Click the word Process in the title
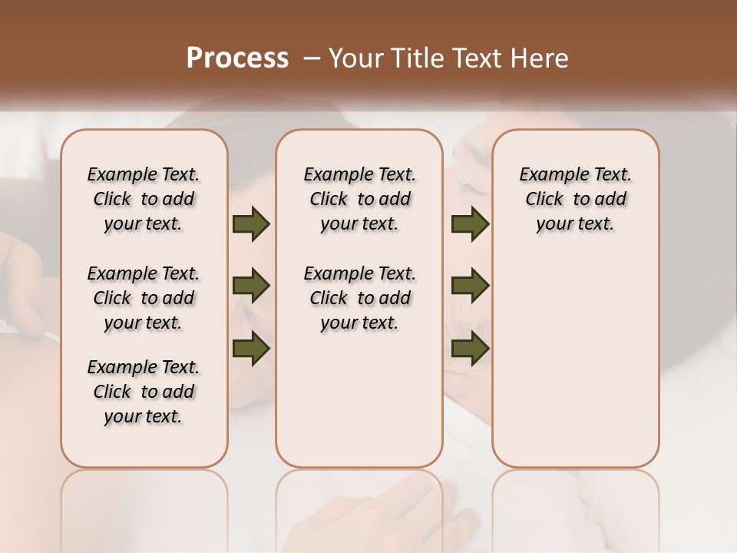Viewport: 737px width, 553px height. [x=236, y=58]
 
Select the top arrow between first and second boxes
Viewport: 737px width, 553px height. [x=251, y=224]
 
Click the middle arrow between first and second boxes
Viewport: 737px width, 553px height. [x=251, y=286]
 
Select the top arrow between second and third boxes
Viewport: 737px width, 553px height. [x=470, y=224]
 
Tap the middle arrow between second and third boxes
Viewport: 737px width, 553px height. [x=470, y=286]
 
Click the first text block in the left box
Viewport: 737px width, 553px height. [x=144, y=199]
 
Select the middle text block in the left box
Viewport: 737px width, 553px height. [x=144, y=298]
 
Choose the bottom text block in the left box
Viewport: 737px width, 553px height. [x=144, y=392]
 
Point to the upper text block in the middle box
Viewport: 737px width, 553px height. [x=359, y=199]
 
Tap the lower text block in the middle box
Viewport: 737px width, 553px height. [x=359, y=298]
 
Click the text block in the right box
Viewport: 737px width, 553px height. [x=576, y=199]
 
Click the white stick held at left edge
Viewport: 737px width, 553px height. [x=31, y=332]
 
